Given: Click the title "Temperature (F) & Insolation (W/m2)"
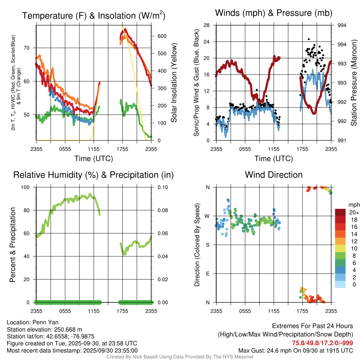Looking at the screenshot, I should pos(94,15).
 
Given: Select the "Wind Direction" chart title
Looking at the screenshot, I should pos(274,175).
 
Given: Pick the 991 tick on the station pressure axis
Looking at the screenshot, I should pos(341,141).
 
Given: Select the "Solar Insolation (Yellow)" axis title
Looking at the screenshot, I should pos(174,83).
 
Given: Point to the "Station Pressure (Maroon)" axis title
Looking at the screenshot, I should pos(354,83).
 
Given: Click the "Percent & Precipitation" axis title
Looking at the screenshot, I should pos(13,245).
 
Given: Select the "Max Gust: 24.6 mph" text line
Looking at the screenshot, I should pos(296,350).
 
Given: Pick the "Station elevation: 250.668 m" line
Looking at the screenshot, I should pos(44,329).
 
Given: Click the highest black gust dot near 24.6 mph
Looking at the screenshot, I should pos(309,39).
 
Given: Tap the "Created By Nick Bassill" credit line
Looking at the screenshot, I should pos(180,357).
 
